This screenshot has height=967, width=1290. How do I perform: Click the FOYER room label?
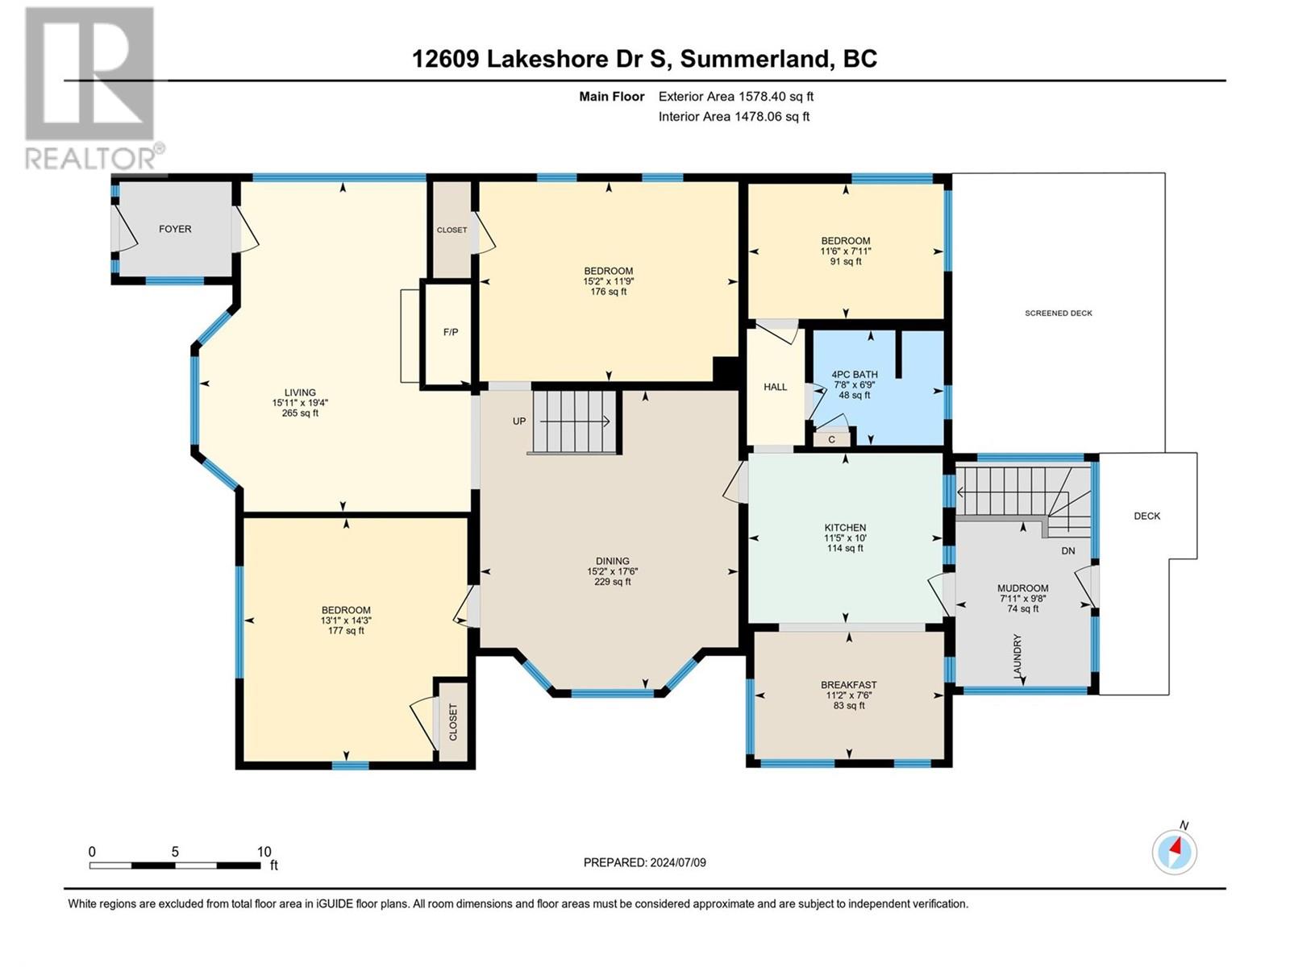[174, 229]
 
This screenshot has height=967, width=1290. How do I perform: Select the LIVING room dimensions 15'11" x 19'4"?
[300, 403]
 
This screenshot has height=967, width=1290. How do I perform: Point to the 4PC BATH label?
[854, 375]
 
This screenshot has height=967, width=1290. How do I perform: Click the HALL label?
[775, 387]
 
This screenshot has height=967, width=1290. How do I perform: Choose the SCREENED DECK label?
[1059, 313]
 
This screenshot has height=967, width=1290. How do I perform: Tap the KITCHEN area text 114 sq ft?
[845, 549]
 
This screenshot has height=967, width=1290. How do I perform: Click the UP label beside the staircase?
[519, 421]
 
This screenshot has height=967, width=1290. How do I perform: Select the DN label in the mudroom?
[1067, 550]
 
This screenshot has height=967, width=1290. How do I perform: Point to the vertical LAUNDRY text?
[1017, 657]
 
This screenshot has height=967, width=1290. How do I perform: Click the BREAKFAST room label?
[849, 685]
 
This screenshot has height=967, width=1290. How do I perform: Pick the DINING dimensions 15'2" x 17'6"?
[613, 571]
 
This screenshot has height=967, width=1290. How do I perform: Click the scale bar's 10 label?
[264, 851]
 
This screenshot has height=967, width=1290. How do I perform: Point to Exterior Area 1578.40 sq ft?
[736, 96]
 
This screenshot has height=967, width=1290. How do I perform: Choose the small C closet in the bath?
[831, 439]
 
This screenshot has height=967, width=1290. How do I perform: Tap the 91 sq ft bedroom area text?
[846, 261]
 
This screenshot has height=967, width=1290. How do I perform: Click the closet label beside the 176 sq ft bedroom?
[452, 230]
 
